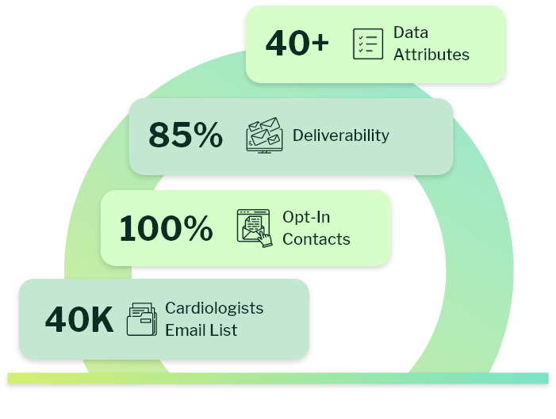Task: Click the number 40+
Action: pyautogui.click(x=297, y=44)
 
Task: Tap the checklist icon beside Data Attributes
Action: pyautogui.click(x=367, y=44)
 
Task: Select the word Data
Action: pyautogui.click(x=410, y=33)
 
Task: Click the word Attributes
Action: pyautogui.click(x=431, y=55)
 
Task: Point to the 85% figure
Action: pyautogui.click(x=185, y=135)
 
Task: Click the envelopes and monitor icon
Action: pyautogui.click(x=264, y=135)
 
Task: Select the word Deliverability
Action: pyautogui.click(x=340, y=135)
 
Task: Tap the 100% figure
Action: pyautogui.click(x=166, y=229)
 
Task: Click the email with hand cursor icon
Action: pyautogui.click(x=254, y=228)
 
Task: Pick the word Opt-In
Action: pyautogui.click(x=306, y=217)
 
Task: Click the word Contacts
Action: pyautogui.click(x=316, y=239)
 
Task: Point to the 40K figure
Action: pyautogui.click(x=79, y=320)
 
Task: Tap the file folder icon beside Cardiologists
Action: pyautogui.click(x=142, y=319)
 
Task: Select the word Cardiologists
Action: pyautogui.click(x=214, y=308)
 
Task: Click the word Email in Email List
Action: pyautogui.click(x=185, y=330)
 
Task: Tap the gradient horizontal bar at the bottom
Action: pyautogui.click(x=278, y=378)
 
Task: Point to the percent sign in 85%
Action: pyautogui.click(x=208, y=135)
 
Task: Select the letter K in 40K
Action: pyautogui.click(x=101, y=320)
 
